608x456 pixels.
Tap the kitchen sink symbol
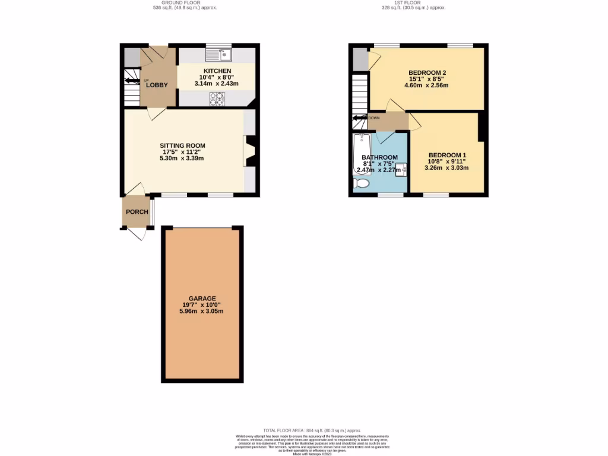219,55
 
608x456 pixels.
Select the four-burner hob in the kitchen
217,99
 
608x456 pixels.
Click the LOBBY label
158,85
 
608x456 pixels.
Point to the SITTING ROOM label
182,145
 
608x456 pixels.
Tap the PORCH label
137,212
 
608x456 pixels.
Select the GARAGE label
202,298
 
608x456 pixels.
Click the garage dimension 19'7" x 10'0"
202,305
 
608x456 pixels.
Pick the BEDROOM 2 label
426,72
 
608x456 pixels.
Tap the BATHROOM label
379,157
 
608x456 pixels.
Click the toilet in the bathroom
361,185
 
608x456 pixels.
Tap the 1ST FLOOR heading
413,2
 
